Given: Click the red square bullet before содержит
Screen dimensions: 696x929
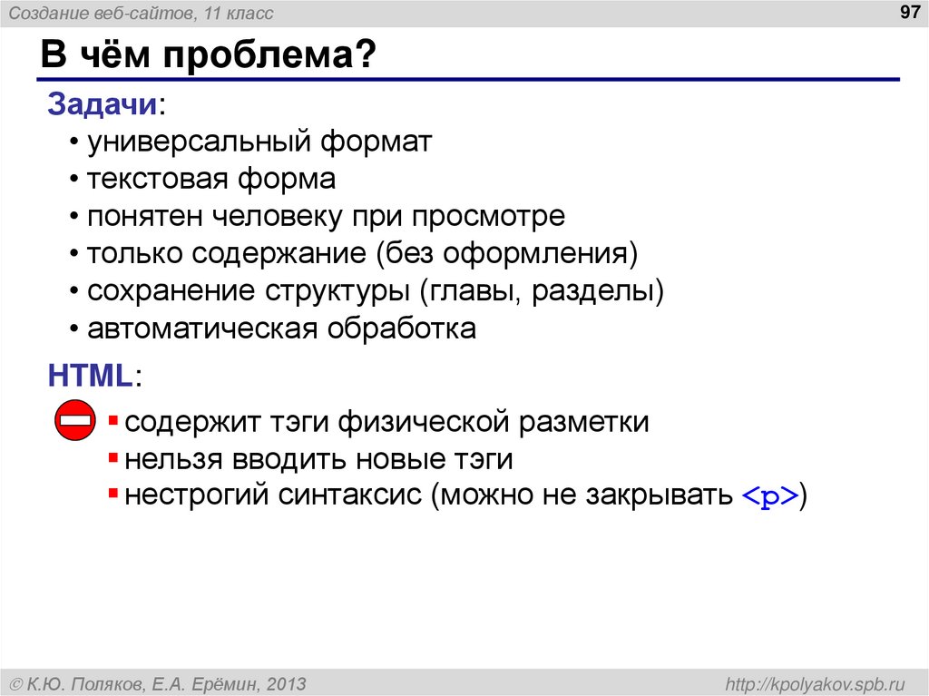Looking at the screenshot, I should pyautogui.click(x=112, y=421).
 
